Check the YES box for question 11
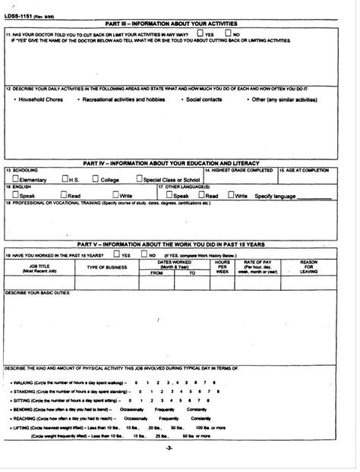(199, 34)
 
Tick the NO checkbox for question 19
(142, 255)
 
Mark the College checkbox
(95, 179)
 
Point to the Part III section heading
(172, 24)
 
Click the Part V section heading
(172, 244)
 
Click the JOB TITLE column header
(36, 266)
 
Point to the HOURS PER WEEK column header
(223, 266)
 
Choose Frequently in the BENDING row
(165, 408)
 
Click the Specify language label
(275, 196)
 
